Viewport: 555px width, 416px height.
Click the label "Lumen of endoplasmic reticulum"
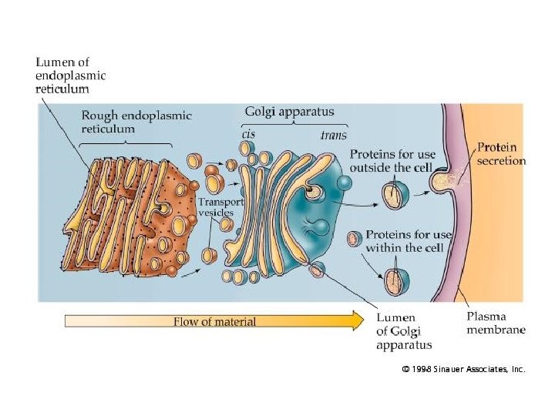click(x=70, y=75)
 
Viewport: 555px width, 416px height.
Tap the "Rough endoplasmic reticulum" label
click(x=136, y=122)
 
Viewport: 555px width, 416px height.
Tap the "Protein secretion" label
click(x=502, y=153)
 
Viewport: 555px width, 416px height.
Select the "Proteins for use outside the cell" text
click(x=392, y=161)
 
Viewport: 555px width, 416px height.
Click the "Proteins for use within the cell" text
click(x=405, y=241)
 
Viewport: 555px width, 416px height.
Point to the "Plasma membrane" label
click(x=497, y=323)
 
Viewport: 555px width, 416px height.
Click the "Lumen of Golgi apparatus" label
click(x=403, y=331)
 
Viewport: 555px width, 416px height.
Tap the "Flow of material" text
click(x=214, y=321)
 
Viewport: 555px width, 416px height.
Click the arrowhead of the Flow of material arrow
click(x=357, y=320)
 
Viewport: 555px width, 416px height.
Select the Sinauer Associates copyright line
click(x=463, y=370)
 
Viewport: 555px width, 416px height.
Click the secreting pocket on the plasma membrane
click(x=442, y=181)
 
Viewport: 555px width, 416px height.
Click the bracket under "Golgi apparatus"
click(x=294, y=125)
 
